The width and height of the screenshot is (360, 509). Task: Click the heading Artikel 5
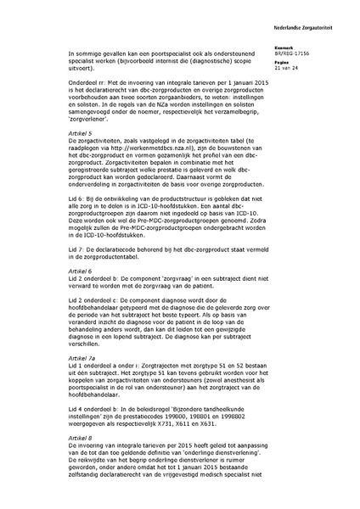tap(83, 134)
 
